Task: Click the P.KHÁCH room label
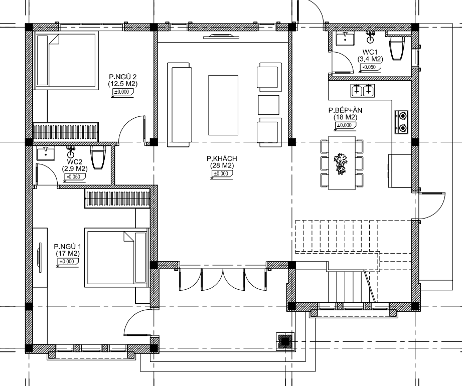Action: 222,159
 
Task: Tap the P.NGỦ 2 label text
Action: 122,77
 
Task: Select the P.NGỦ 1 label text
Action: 68,247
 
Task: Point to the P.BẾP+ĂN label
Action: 345,110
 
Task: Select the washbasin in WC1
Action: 345,39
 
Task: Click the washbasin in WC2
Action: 46,154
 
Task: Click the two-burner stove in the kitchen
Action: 402,122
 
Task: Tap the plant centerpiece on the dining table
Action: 341,163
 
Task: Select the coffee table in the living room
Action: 223,105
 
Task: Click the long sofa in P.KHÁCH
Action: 179,105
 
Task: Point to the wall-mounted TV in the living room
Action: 222,37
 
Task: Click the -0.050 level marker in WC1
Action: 369,67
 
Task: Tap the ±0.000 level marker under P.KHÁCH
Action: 221,174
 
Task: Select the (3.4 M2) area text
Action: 370,59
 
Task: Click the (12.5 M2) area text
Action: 122,84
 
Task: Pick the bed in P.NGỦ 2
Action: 67,62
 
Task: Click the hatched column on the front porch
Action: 285,341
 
